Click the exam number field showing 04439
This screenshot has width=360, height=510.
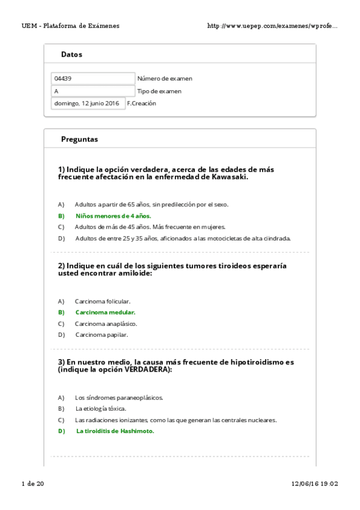pyautogui.click(x=93, y=79)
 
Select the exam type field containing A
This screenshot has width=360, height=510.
pyautogui.click(x=93, y=91)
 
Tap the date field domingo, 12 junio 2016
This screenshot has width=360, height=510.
pyautogui.click(x=88, y=103)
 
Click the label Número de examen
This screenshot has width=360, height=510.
pyautogui.click(x=165, y=79)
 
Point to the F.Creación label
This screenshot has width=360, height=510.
pyautogui.click(x=141, y=103)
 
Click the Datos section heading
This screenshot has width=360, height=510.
pyautogui.click(x=72, y=54)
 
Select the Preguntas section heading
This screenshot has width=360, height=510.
pyautogui.click(x=79, y=139)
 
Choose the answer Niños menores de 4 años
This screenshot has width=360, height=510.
pyautogui.click(x=113, y=215)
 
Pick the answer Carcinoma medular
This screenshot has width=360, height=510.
pyautogui.click(x=105, y=312)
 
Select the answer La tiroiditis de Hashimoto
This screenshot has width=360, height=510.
pyautogui.click(x=115, y=431)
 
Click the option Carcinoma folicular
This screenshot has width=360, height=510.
pyautogui.click(x=102, y=301)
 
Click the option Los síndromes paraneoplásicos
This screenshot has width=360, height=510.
pyautogui.click(x=118, y=398)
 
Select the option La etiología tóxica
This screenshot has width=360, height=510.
pyautogui.click(x=100, y=408)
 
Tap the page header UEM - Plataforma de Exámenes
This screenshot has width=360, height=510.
pyautogui.click(x=70, y=26)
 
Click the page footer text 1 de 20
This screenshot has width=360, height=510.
pyautogui.click(x=32, y=484)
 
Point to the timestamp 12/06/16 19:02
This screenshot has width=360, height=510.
pyautogui.click(x=315, y=484)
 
